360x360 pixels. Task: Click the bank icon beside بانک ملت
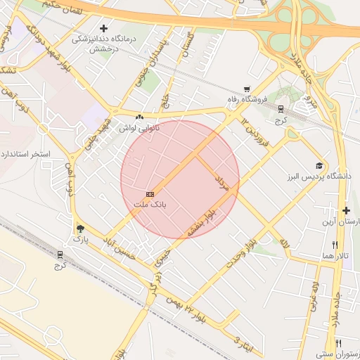(149, 193)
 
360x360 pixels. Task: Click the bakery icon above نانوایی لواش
(139, 117)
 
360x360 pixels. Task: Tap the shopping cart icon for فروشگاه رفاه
(246, 89)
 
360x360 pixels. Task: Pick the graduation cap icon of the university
(319, 165)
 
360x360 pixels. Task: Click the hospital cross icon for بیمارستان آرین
(346, 210)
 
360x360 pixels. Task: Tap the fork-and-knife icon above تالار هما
(335, 243)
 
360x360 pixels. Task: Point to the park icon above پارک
(80, 229)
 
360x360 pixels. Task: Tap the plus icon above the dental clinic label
(103, 28)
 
